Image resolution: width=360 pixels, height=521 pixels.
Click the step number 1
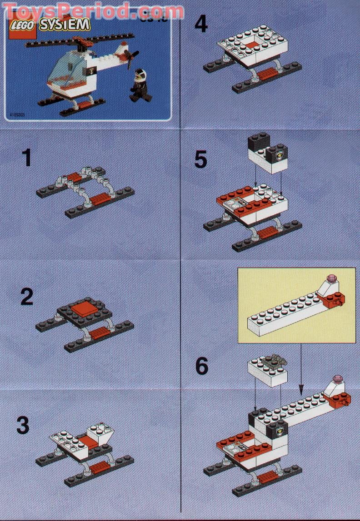tap(27, 159)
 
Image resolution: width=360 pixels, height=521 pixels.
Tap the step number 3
tap(23, 426)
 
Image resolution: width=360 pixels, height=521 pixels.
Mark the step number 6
tap(201, 366)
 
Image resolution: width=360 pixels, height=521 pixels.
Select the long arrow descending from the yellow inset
tap(300, 368)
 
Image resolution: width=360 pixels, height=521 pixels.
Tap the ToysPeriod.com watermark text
tap(93, 10)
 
